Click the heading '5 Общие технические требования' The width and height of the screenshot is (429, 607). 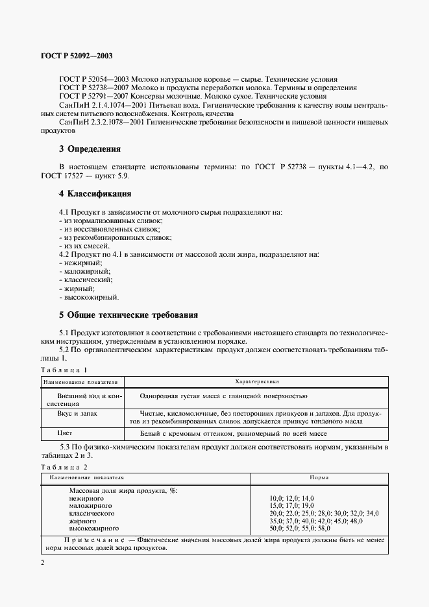click(128, 315)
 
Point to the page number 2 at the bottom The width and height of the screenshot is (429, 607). click(43, 562)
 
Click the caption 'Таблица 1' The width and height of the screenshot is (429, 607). click(64, 370)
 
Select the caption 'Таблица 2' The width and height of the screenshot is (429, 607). click(64, 467)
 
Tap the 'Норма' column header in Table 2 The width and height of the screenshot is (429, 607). click(318, 477)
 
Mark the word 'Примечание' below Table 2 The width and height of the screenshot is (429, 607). click(93, 540)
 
